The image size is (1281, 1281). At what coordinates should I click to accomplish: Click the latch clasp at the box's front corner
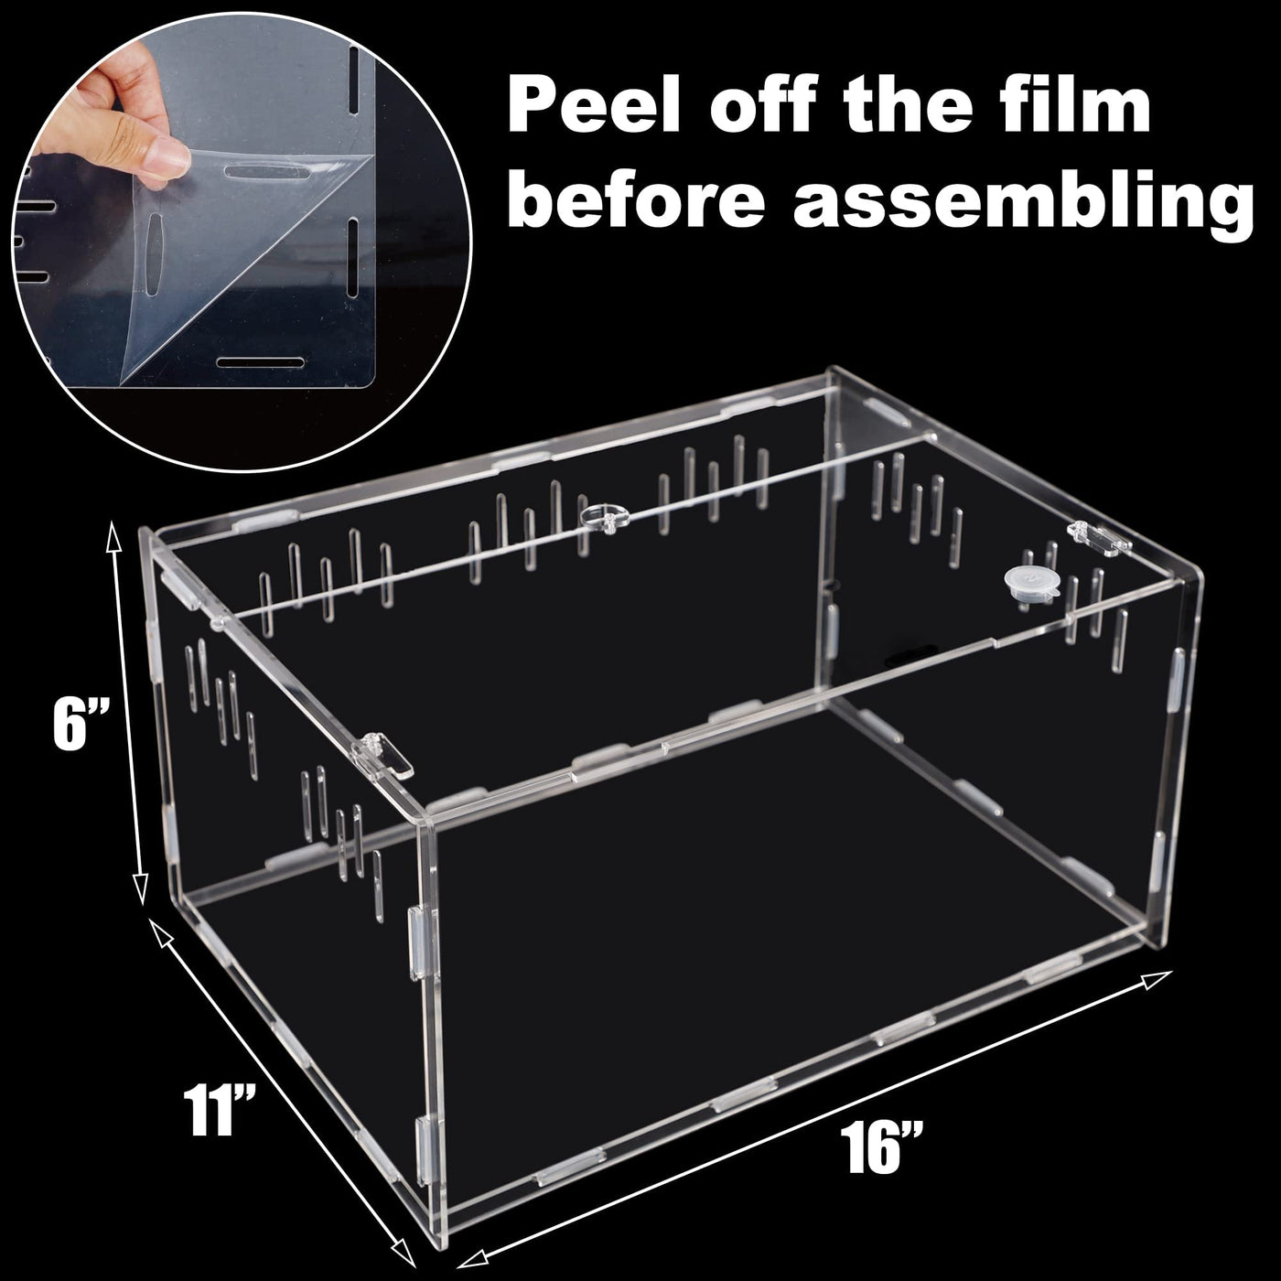point(382,759)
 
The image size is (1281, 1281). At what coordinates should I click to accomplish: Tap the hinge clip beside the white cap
point(1099,538)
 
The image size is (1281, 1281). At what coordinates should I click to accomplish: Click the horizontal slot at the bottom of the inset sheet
point(260,363)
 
